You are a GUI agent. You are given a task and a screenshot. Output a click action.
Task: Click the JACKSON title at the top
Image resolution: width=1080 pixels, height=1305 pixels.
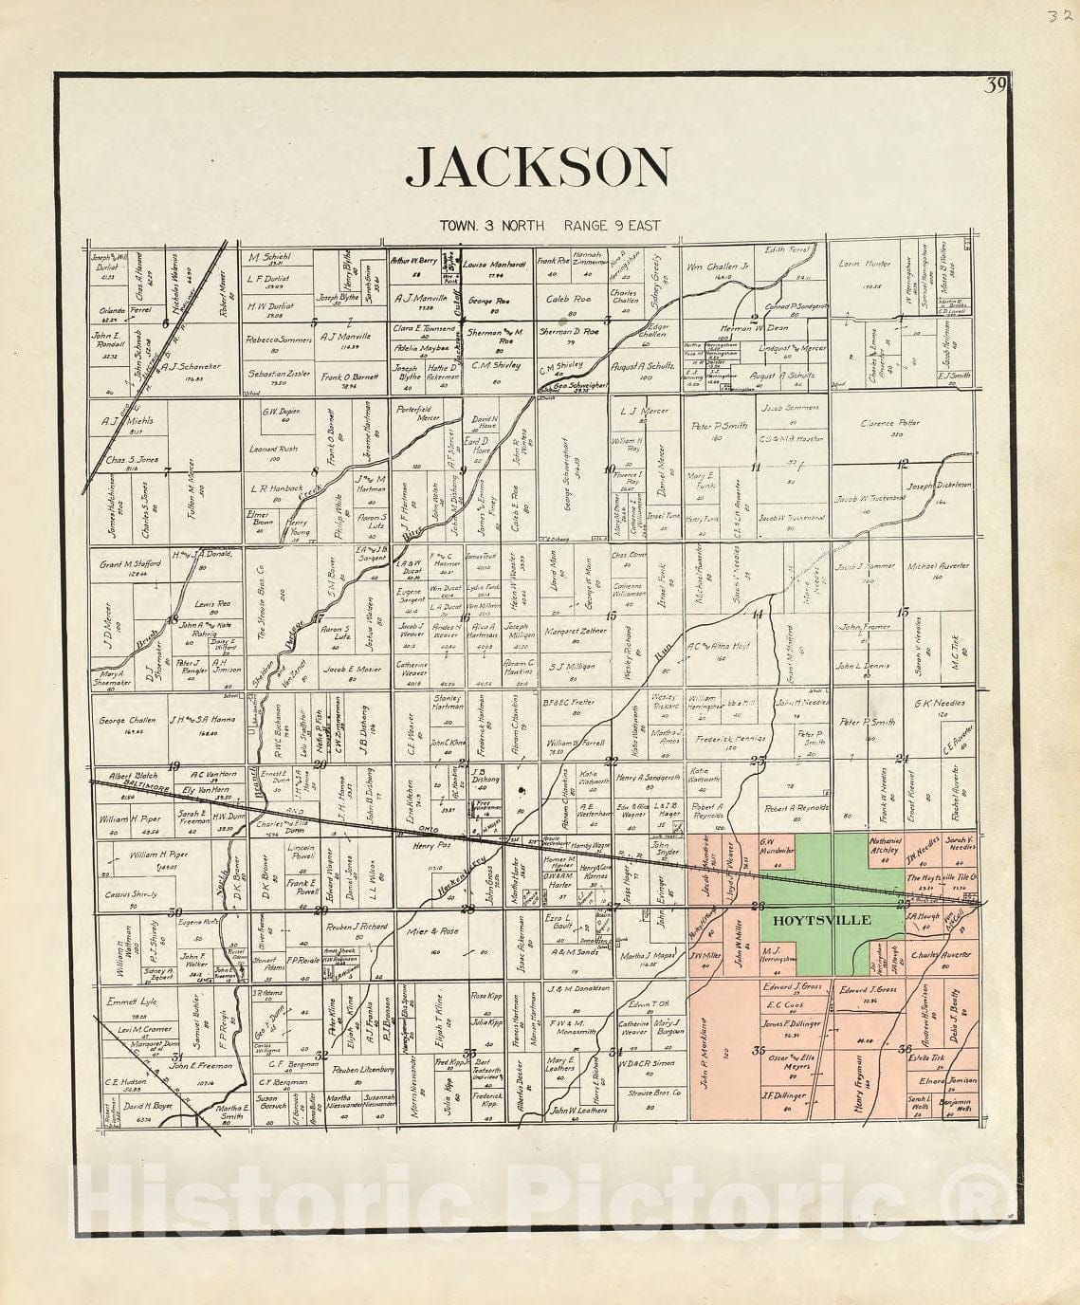pos(539,167)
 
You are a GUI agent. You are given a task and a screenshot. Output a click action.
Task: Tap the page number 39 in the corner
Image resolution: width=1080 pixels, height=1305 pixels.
pos(994,86)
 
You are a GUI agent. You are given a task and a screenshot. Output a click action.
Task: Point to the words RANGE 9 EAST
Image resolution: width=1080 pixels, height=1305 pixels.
pos(612,226)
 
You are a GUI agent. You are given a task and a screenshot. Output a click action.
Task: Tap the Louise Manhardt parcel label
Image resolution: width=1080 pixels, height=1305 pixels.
pos(494,265)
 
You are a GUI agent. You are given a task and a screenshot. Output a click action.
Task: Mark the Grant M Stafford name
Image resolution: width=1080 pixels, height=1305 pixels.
pos(131,563)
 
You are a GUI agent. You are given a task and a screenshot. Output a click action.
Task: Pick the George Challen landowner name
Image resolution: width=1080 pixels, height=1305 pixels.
pos(126,720)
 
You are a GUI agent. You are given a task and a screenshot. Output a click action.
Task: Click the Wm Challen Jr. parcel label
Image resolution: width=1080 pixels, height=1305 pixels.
pos(718,267)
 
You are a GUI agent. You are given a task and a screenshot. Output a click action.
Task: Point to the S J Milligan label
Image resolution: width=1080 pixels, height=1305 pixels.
pos(572,667)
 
